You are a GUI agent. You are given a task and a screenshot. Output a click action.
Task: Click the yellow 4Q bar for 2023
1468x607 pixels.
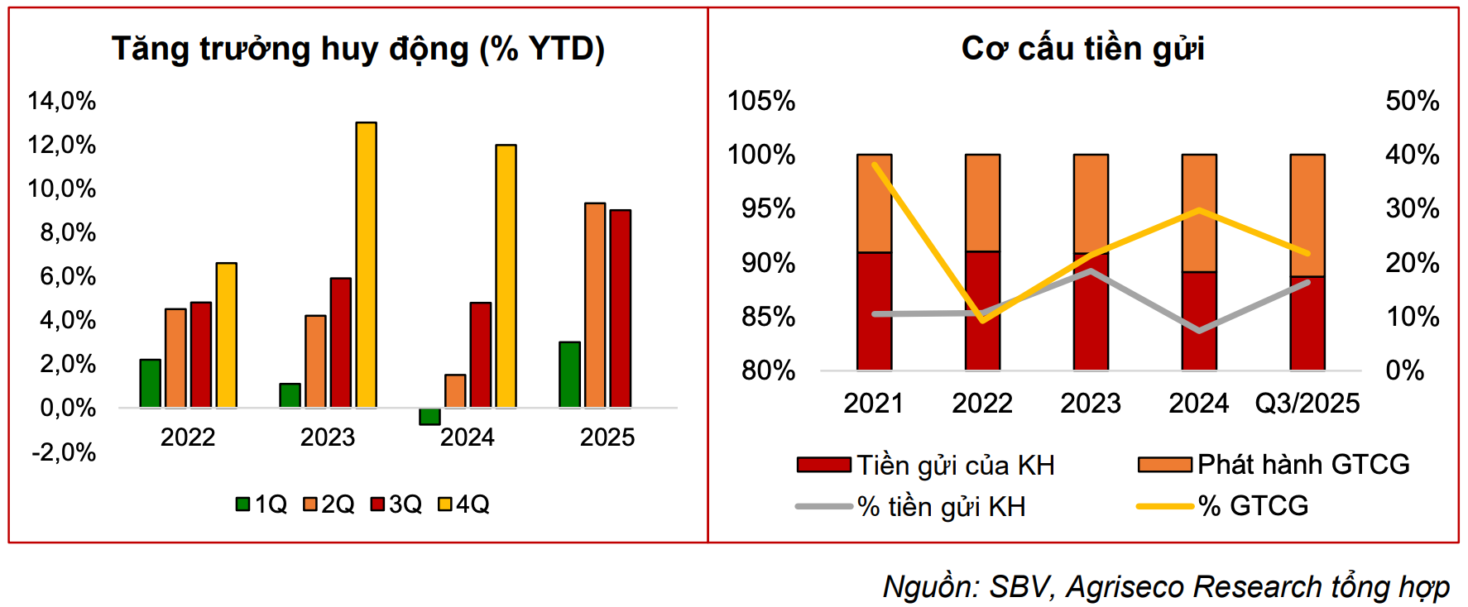(366, 265)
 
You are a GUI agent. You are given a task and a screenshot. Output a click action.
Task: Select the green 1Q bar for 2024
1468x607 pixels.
(429, 416)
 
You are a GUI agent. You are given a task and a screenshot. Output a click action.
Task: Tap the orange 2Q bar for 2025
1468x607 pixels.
(595, 305)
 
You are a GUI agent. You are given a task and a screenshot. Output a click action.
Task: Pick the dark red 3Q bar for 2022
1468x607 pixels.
(201, 355)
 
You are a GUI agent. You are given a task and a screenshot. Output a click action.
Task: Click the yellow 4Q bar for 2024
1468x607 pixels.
(506, 276)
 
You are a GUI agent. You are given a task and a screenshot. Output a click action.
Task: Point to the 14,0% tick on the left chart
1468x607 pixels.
(62, 101)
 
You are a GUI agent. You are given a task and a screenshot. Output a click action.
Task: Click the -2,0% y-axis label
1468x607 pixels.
(64, 452)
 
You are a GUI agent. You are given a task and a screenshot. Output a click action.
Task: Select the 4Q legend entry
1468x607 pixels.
(464, 504)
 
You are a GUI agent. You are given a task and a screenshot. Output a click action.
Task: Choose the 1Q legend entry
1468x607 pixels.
(262, 504)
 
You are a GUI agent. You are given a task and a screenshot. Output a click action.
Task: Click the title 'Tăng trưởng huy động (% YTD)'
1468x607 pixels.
(358, 49)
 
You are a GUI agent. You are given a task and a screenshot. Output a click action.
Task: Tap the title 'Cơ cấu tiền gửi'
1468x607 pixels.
(1082, 49)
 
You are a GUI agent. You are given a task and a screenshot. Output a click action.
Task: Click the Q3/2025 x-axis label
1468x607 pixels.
(1307, 404)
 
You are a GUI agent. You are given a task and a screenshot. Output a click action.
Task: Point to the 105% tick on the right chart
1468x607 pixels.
(760, 101)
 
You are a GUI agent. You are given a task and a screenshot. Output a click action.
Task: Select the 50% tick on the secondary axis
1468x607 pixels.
(1412, 101)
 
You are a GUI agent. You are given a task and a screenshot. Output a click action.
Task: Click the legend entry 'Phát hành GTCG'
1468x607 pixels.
(1274, 465)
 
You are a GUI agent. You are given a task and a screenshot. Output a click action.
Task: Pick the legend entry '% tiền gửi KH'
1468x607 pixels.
(911, 506)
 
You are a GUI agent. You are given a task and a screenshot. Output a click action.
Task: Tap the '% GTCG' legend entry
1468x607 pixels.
(1223, 506)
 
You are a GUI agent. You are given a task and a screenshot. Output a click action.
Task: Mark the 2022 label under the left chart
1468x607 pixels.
(188, 437)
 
